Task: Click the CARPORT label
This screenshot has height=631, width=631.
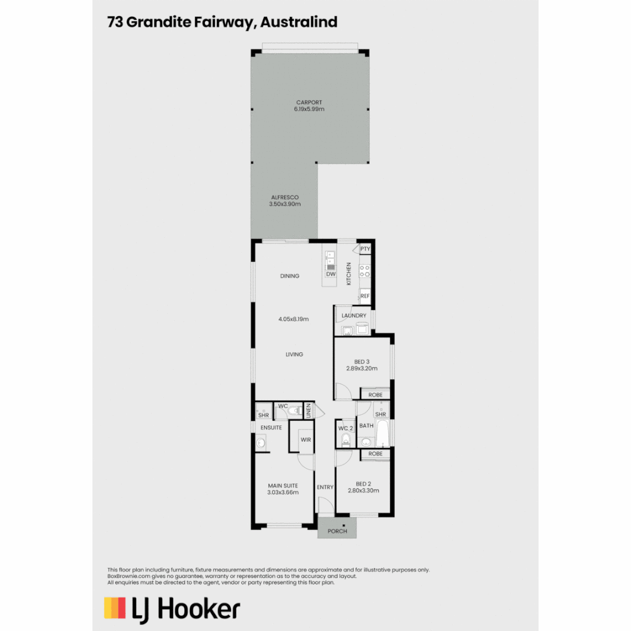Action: [x=309, y=102]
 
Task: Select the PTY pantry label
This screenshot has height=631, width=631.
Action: [x=365, y=249]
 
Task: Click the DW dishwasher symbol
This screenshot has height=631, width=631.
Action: [x=331, y=273]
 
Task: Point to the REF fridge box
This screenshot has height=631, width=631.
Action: [x=365, y=296]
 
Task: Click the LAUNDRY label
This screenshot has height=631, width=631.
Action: [x=354, y=315]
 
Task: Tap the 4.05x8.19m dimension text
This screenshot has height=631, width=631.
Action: [x=293, y=319]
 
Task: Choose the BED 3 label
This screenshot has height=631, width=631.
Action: [x=362, y=361]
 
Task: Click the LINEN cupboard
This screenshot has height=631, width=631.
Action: [x=309, y=411]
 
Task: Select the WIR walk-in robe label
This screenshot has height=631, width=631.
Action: [x=306, y=439]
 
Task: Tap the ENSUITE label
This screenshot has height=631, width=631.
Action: [x=271, y=428]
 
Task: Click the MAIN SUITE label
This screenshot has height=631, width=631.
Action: [x=283, y=485]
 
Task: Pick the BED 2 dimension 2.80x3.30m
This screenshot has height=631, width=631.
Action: [x=363, y=491]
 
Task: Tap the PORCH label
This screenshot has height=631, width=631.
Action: [x=337, y=531]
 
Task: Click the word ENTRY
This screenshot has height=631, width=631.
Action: [x=325, y=487]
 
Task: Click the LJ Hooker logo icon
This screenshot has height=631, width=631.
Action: [x=115, y=608]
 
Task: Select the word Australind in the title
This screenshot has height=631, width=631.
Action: [x=299, y=22]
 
